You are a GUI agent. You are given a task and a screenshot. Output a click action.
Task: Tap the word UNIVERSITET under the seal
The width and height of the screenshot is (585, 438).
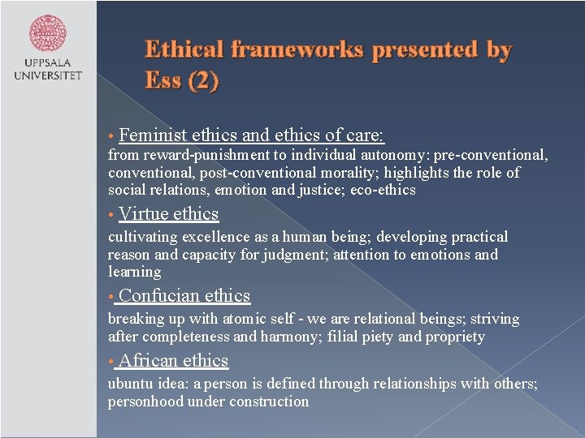click(x=48, y=76)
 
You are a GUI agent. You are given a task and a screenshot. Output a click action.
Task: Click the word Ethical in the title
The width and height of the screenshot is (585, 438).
click(x=186, y=50)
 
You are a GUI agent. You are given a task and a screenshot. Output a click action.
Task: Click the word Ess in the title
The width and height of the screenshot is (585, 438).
click(x=162, y=82)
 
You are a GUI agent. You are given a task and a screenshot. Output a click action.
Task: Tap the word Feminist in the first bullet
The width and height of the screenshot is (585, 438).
click(x=153, y=135)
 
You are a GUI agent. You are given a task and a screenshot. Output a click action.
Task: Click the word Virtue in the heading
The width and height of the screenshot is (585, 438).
click(x=142, y=214)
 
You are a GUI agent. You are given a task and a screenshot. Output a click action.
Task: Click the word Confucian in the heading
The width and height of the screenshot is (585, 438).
click(x=158, y=296)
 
